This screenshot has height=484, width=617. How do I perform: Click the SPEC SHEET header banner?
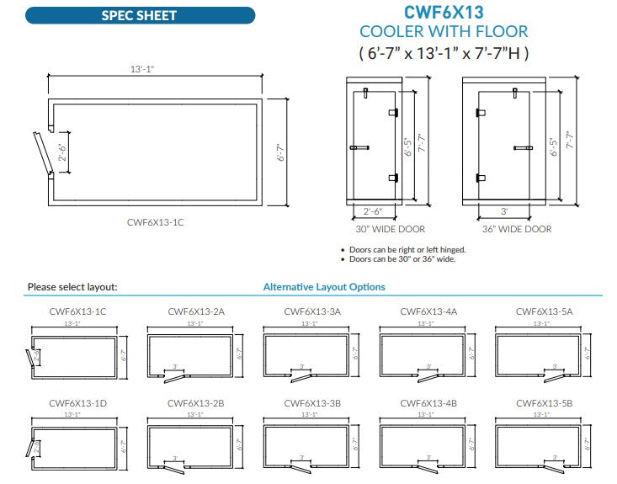140,15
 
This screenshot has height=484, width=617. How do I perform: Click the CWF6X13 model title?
444,12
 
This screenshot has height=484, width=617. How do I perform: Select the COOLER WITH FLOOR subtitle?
444,32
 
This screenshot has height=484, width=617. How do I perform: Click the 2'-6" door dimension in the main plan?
61,152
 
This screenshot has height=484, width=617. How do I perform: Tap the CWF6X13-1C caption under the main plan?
155,222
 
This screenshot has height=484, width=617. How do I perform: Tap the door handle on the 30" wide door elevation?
359,148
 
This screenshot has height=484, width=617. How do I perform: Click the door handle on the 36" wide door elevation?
524,148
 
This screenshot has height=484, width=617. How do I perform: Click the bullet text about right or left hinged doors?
406,249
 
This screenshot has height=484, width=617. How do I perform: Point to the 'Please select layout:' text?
72,287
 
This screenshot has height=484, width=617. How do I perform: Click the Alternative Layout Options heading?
324,287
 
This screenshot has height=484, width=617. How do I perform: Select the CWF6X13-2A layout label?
195,311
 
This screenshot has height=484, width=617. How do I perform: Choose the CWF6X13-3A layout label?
312,311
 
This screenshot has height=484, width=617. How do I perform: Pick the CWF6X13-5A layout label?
544,311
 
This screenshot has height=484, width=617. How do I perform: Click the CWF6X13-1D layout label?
78,403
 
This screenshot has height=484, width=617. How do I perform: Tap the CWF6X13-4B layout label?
428,403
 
